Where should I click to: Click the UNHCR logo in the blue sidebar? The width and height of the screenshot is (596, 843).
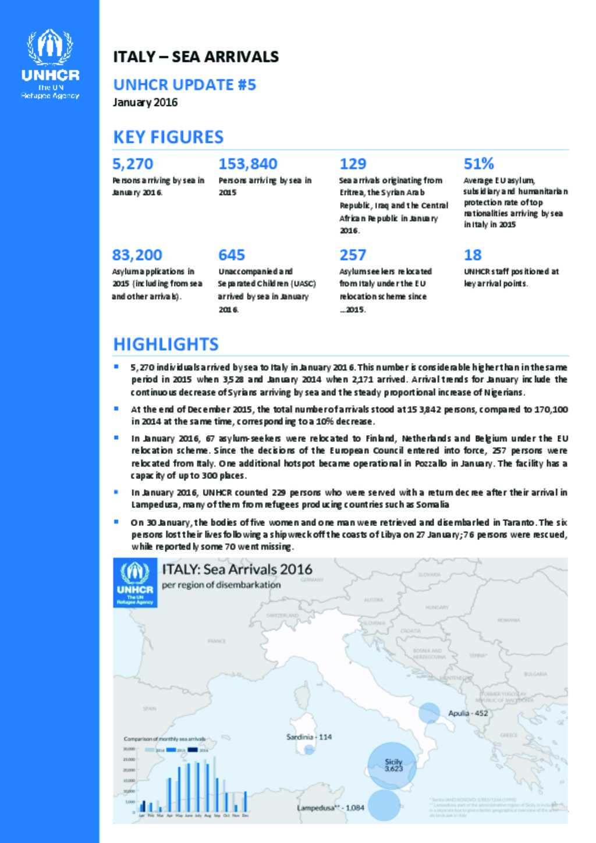point(50,63)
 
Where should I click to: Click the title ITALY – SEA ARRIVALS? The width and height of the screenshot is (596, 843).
point(196,56)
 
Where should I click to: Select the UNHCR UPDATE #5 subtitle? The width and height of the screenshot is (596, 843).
point(185,85)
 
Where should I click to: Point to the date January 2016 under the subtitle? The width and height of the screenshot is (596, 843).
point(145,102)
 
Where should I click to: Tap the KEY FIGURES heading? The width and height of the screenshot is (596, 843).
point(168,137)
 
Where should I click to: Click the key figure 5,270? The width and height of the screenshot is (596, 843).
point(133,164)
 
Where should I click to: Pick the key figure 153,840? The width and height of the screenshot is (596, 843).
point(247,164)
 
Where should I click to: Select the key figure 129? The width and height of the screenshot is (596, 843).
point(353,164)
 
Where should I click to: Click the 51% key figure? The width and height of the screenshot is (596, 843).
point(478,163)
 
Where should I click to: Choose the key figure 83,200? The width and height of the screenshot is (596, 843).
point(137,255)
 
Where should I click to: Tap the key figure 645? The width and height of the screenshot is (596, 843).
point(232,255)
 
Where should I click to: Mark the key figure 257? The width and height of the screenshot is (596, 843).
point(353,255)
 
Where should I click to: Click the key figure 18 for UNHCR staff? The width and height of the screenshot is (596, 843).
point(473,255)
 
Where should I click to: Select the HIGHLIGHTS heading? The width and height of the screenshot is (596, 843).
point(166,344)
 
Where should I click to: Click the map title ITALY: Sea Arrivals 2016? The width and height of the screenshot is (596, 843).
point(237,569)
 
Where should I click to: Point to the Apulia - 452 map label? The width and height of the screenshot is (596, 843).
point(468,713)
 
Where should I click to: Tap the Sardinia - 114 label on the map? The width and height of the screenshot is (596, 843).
point(309,737)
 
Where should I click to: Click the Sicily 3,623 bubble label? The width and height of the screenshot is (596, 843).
point(393,765)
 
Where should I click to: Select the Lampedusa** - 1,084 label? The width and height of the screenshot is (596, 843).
point(331,808)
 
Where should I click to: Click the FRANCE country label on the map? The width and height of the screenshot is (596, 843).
point(217,641)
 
